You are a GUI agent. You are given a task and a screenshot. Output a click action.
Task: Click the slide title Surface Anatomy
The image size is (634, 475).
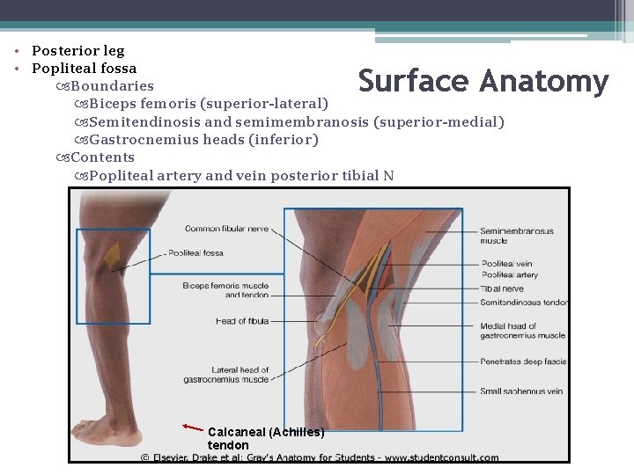(483, 82)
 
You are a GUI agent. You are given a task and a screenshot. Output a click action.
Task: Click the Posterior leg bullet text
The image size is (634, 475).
(77, 51)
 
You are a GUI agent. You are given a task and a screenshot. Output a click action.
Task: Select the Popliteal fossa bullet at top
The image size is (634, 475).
(84, 69)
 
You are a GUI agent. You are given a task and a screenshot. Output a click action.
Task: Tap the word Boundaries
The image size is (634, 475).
(112, 86)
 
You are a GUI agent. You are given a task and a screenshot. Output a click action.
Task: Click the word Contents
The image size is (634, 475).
(102, 157)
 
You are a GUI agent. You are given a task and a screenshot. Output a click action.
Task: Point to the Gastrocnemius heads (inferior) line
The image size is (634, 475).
(203, 140)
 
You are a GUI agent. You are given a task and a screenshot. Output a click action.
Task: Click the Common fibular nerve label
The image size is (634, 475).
(226, 229)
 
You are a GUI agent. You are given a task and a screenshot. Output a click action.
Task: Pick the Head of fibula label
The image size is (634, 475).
(242, 321)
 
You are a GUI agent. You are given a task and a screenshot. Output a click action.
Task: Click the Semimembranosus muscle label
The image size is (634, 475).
(517, 236)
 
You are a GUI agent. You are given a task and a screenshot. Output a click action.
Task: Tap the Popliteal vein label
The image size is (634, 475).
(506, 264)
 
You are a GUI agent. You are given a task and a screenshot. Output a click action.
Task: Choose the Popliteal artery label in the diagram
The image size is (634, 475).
(510, 275)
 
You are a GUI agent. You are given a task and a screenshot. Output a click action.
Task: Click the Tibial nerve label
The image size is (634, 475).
(502, 289)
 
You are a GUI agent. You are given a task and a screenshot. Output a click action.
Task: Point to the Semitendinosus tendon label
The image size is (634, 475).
(523, 302)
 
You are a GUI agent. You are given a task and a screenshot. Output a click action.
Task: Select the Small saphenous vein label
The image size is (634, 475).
(521, 391)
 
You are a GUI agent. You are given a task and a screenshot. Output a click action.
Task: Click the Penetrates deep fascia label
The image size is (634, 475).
(523, 361)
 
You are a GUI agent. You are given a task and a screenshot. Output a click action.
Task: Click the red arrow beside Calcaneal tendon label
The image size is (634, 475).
(193, 428)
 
